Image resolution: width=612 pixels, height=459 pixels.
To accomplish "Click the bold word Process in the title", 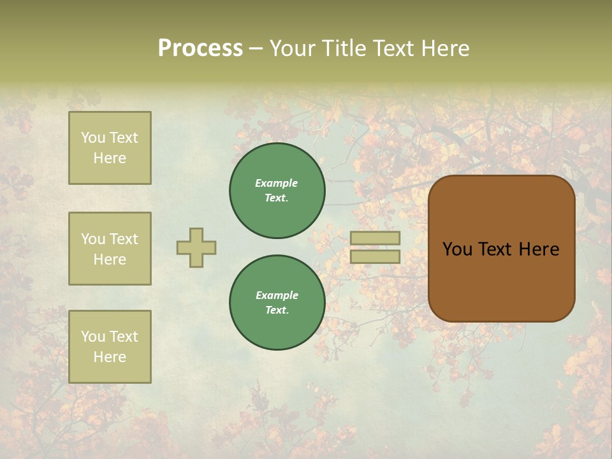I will click(x=200, y=48).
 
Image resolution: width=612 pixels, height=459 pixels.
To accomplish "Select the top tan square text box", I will click(x=110, y=148).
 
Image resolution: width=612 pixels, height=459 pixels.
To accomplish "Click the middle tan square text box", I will click(x=110, y=249).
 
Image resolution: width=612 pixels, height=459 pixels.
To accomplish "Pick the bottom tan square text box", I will click(x=110, y=347).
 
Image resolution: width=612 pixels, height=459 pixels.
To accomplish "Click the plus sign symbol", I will click(x=196, y=247).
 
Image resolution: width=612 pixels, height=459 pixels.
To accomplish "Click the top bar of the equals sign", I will click(x=375, y=238).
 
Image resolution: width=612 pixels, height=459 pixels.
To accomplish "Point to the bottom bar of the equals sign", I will click(x=375, y=257).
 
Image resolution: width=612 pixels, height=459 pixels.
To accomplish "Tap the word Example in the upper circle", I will click(x=277, y=183).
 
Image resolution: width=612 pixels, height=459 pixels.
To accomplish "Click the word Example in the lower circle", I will click(x=277, y=295).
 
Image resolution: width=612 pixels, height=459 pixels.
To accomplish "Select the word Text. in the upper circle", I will click(x=277, y=198).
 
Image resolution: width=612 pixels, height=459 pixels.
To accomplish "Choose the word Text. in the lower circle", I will click(x=277, y=310).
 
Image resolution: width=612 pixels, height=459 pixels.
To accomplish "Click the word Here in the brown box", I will click(x=539, y=249).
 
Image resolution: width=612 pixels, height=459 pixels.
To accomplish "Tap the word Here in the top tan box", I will click(x=110, y=158).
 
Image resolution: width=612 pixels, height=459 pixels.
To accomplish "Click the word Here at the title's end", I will click(x=444, y=48).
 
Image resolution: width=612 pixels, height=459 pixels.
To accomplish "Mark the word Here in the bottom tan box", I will click(x=110, y=357).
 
